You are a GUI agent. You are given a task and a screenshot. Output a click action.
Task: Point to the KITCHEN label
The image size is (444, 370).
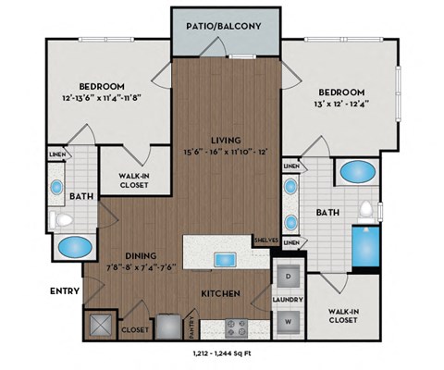point(222,293)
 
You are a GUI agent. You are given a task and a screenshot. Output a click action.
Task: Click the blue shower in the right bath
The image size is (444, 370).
point(363,244)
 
